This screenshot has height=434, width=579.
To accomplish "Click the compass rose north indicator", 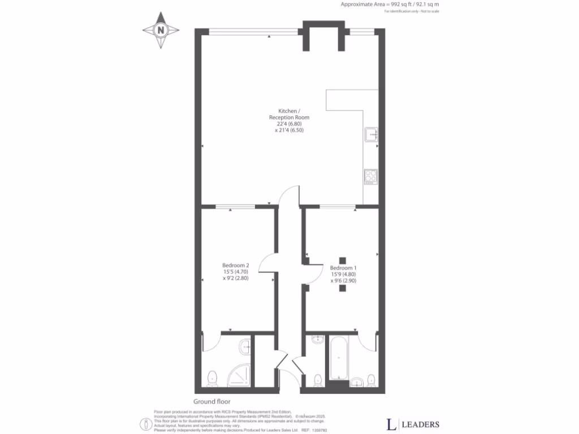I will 161,30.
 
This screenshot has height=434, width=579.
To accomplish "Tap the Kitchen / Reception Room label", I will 289,114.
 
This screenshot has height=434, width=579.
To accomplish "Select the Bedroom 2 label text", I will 236,265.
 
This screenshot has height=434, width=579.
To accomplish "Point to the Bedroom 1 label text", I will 343,267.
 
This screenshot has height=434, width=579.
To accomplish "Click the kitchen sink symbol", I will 371,134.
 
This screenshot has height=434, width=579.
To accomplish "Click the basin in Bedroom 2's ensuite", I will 245,346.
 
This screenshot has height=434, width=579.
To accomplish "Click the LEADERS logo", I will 413,424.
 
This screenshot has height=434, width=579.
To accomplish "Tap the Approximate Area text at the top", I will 390,5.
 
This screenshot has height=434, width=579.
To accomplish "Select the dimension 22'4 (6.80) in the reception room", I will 289,124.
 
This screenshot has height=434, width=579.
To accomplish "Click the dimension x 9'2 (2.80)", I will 236,279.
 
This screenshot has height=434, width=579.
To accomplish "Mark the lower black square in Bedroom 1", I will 343,288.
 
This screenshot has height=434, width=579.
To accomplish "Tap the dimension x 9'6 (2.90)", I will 343,281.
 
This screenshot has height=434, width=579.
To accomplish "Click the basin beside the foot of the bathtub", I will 357,383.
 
